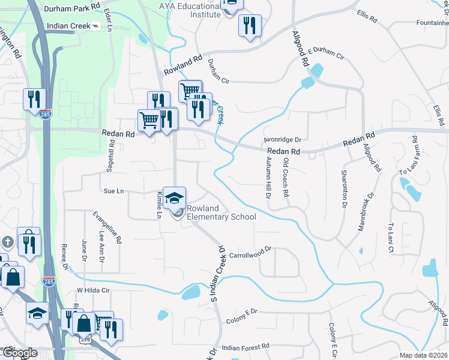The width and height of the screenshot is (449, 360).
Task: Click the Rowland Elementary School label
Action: coord(221,212)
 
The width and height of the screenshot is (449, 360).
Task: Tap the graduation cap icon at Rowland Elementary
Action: coord(174,198)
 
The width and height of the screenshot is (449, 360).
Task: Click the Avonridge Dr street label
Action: coord(282,139)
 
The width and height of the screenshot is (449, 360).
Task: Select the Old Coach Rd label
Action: coord(286,178)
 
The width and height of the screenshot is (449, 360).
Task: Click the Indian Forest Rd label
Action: coord(246,347)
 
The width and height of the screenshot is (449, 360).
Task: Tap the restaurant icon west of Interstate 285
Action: coord(34,99)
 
